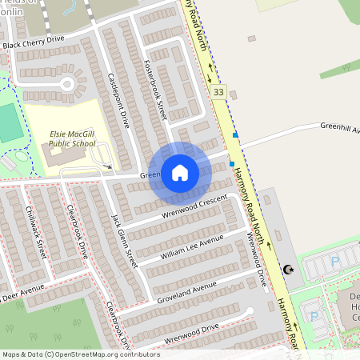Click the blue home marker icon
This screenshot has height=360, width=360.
pos(179,173)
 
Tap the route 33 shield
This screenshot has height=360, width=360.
pos(218,93)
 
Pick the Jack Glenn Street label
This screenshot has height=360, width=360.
pos(125,239)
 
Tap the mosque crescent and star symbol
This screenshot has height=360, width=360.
pos(287,270)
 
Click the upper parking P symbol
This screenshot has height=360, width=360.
pos(335,261)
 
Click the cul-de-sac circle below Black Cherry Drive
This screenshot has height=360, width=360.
pos(67,83)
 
